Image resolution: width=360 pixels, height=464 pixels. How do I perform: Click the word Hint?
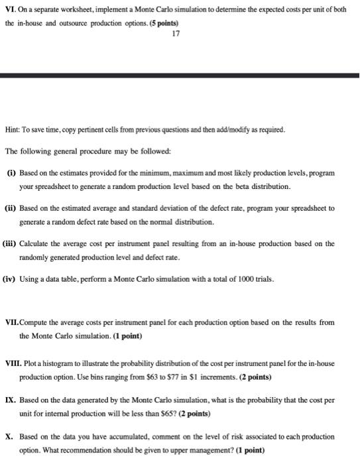(13, 129)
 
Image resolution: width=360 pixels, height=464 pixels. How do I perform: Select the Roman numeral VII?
(12, 322)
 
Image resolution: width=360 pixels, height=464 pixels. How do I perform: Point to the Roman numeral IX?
(10, 401)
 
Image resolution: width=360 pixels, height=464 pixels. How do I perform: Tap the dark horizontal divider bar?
(180, 77)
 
